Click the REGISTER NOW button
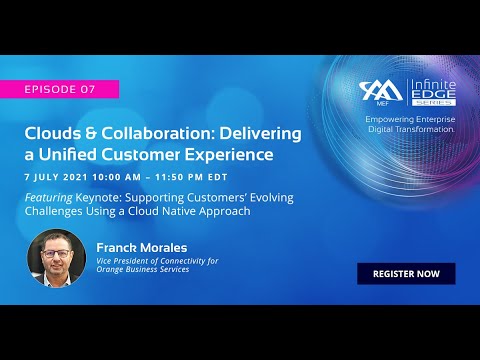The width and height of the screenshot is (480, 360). [405, 273]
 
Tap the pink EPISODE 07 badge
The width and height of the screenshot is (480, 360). [59, 89]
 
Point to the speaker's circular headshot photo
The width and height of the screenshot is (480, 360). [56, 258]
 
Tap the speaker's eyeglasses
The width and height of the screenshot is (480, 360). [56, 253]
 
